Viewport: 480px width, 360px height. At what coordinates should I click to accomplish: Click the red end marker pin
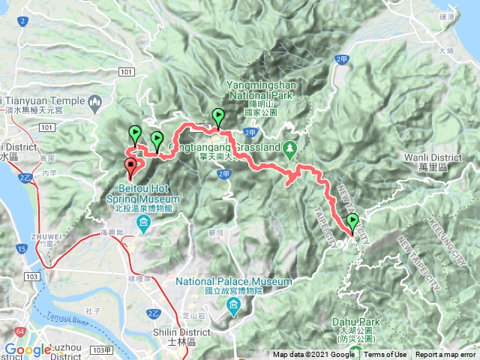coord(130,166)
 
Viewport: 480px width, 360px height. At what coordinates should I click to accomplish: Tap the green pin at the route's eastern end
coord(352,222)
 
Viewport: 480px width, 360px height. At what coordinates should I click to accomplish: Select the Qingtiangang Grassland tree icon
coord(290,147)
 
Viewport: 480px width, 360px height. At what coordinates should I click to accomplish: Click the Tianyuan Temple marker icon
coord(95,100)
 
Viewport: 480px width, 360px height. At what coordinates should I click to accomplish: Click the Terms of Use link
coord(385,355)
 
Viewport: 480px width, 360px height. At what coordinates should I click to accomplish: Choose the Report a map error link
coord(445,355)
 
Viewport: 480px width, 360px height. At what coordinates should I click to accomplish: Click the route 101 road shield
coord(126,71)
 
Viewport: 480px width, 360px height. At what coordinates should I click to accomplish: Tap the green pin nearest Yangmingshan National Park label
coord(218,118)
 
